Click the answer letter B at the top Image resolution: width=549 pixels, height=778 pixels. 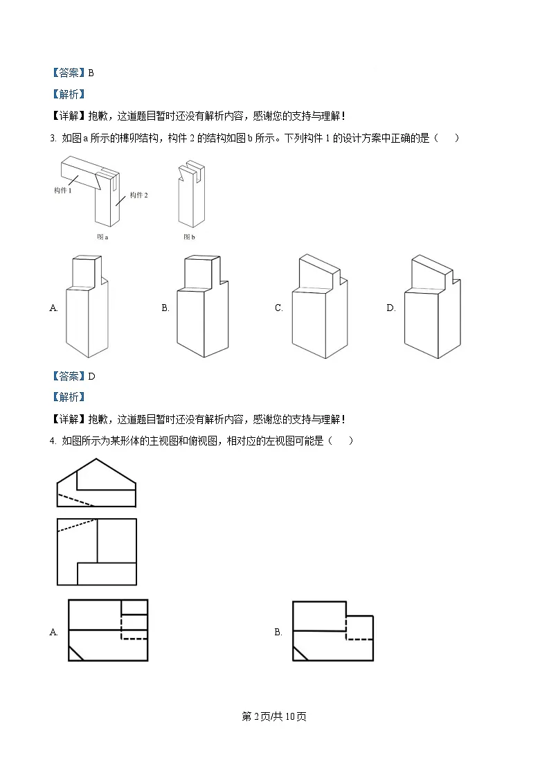click(x=91, y=73)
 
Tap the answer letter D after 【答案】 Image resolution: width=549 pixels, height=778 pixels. click(x=91, y=376)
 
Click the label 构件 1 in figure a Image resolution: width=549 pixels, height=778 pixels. click(x=63, y=190)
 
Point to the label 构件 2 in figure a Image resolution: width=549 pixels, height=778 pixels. click(x=139, y=195)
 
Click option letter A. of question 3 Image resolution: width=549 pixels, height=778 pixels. click(x=54, y=308)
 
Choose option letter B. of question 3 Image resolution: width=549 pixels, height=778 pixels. click(x=165, y=308)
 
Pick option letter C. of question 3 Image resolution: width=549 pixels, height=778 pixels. click(x=278, y=308)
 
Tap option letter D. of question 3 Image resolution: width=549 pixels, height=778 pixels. click(x=390, y=308)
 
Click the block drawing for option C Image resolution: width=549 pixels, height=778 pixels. click(x=318, y=307)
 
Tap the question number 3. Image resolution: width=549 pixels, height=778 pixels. click(x=53, y=138)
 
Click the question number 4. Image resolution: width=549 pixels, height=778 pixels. click(x=53, y=441)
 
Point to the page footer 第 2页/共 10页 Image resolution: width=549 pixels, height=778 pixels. click(x=274, y=716)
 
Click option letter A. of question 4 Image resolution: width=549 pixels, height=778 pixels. click(x=54, y=632)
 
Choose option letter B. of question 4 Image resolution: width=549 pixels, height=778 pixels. click(x=278, y=632)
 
